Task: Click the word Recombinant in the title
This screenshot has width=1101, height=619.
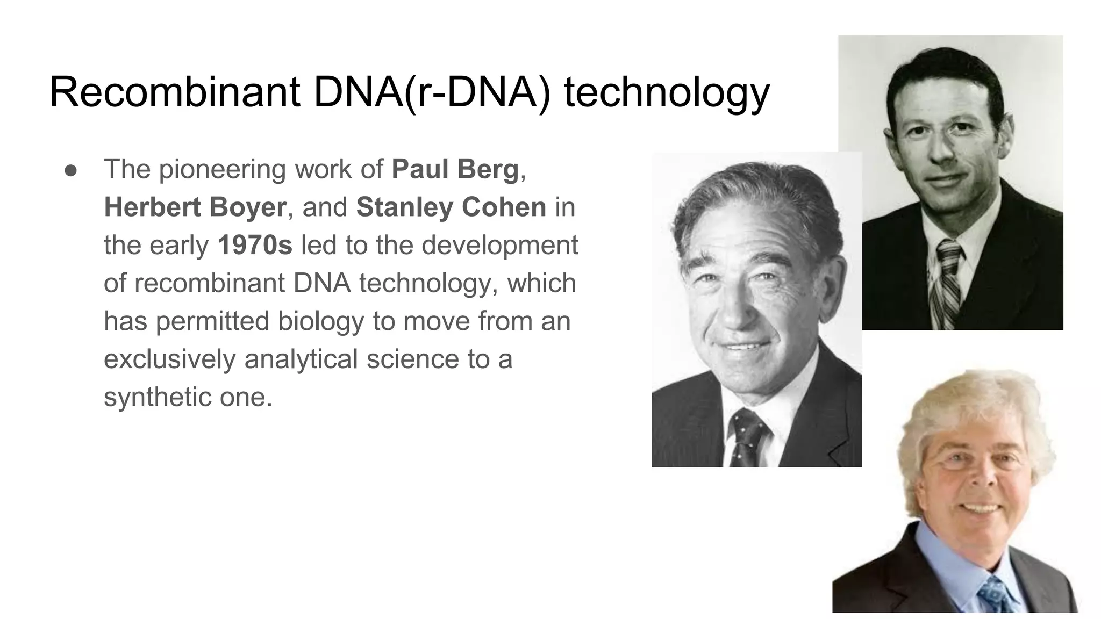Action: pos(174,92)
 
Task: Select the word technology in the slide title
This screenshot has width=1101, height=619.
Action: pos(667,92)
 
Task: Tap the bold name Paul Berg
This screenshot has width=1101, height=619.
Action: pos(455,169)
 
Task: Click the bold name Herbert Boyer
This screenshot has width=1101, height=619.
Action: pos(195,207)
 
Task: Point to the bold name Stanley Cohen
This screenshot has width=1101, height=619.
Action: pos(451,207)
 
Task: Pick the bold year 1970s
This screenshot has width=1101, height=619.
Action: pos(255,245)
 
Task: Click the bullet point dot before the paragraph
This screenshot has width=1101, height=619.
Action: pos(70,170)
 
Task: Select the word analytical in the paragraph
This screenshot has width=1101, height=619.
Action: pos(301,359)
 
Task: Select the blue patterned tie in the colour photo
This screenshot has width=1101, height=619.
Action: pos(995,594)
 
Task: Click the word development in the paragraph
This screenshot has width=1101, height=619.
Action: pos(500,245)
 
